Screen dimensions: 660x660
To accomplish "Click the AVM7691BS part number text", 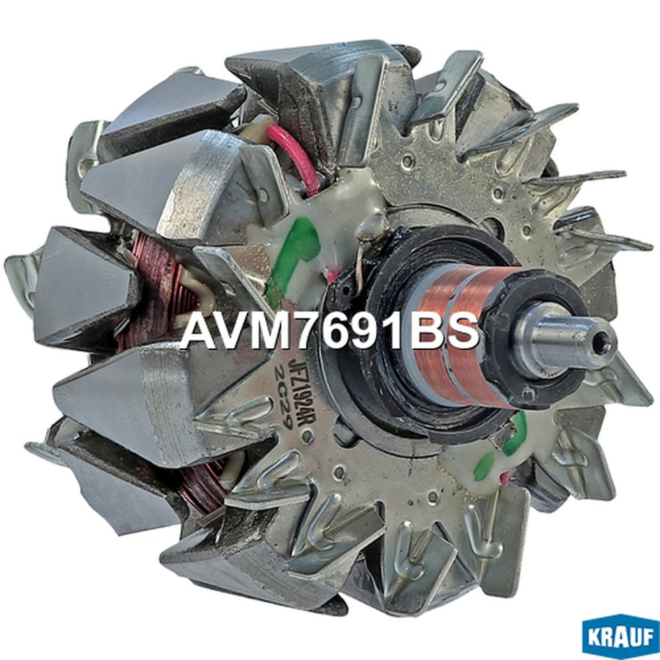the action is click(x=329, y=331).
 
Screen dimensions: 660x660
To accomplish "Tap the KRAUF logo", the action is click(x=620, y=636).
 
